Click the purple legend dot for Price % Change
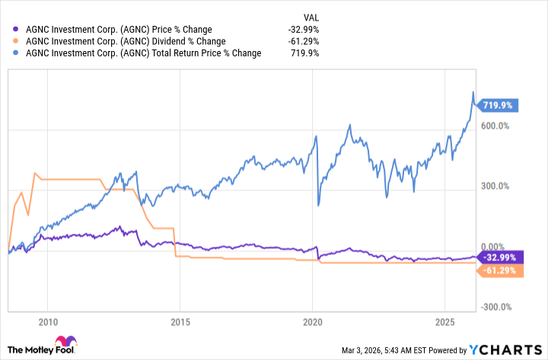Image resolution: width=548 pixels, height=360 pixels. [17, 29]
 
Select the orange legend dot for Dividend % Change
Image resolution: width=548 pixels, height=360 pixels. [17, 41]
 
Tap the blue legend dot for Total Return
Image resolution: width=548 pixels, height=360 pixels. [17, 53]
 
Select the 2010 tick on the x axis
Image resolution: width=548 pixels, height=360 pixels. [47, 320]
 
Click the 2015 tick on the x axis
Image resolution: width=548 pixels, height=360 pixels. [180, 320]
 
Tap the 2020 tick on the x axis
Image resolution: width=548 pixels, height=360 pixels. [314, 320]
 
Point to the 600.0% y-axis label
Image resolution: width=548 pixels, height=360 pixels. [494, 126]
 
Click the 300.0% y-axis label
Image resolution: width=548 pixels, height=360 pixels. [494, 186]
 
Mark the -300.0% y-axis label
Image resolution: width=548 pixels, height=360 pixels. [492, 307]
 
